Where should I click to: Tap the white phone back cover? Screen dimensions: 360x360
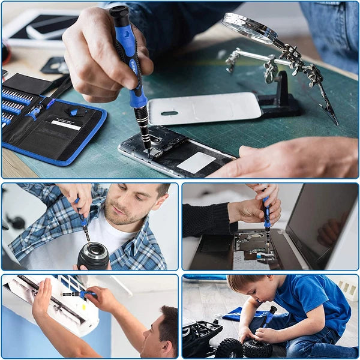click(204, 108)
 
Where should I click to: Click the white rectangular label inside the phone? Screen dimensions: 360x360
click(196, 161)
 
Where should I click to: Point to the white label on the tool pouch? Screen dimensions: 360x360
click(66, 125)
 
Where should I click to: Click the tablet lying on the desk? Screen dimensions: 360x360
click(42, 27)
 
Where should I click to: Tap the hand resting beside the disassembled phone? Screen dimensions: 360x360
click(288, 157)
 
